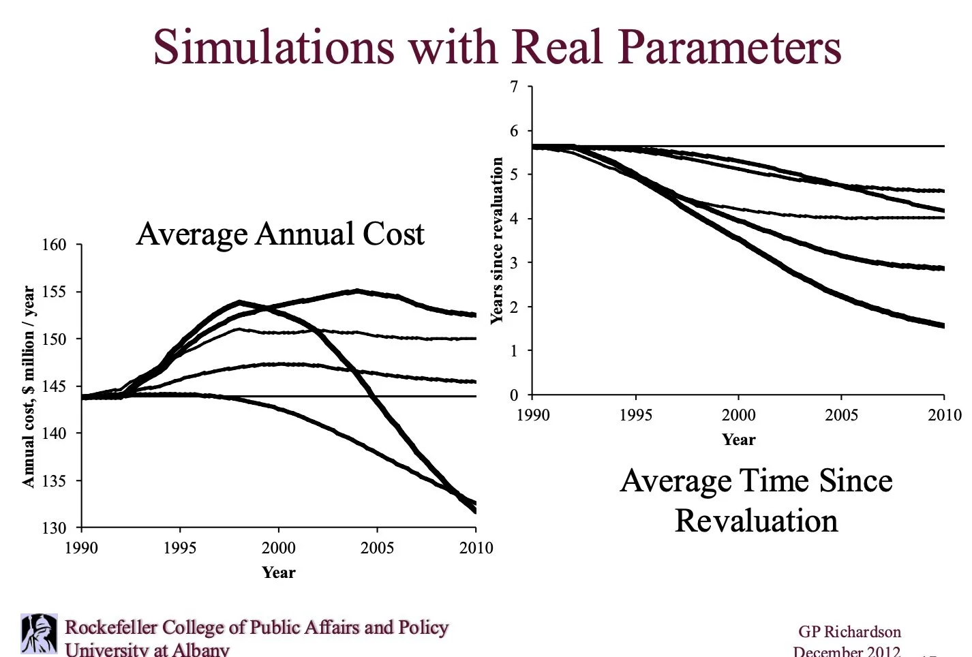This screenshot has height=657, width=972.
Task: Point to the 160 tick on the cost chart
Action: coord(55,245)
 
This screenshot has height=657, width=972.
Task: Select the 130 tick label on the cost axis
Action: coord(55,528)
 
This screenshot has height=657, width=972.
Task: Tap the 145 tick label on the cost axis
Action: coord(55,386)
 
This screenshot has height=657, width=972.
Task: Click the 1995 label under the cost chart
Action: coord(180,548)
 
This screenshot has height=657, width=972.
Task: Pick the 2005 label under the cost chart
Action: coord(377,548)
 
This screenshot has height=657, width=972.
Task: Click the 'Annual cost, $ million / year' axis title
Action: coord(28,386)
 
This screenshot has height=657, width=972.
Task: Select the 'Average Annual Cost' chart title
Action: coord(280,234)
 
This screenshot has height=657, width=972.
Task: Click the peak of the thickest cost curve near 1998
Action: coord(239,301)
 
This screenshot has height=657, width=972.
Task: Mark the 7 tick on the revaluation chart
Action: coord(514,87)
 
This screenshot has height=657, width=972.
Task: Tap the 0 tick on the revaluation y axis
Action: coord(514,395)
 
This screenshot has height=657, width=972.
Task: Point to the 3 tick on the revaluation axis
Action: coord(514,263)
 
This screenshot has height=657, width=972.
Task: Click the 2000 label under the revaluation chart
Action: coord(739,415)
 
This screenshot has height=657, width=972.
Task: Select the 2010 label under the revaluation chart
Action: coord(944,415)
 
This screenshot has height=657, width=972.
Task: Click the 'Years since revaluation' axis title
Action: coord(497,241)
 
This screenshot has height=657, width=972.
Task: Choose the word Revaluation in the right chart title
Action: coord(756,521)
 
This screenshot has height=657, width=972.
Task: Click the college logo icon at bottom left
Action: coord(39,634)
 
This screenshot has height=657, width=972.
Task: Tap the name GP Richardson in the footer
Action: coord(849,632)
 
